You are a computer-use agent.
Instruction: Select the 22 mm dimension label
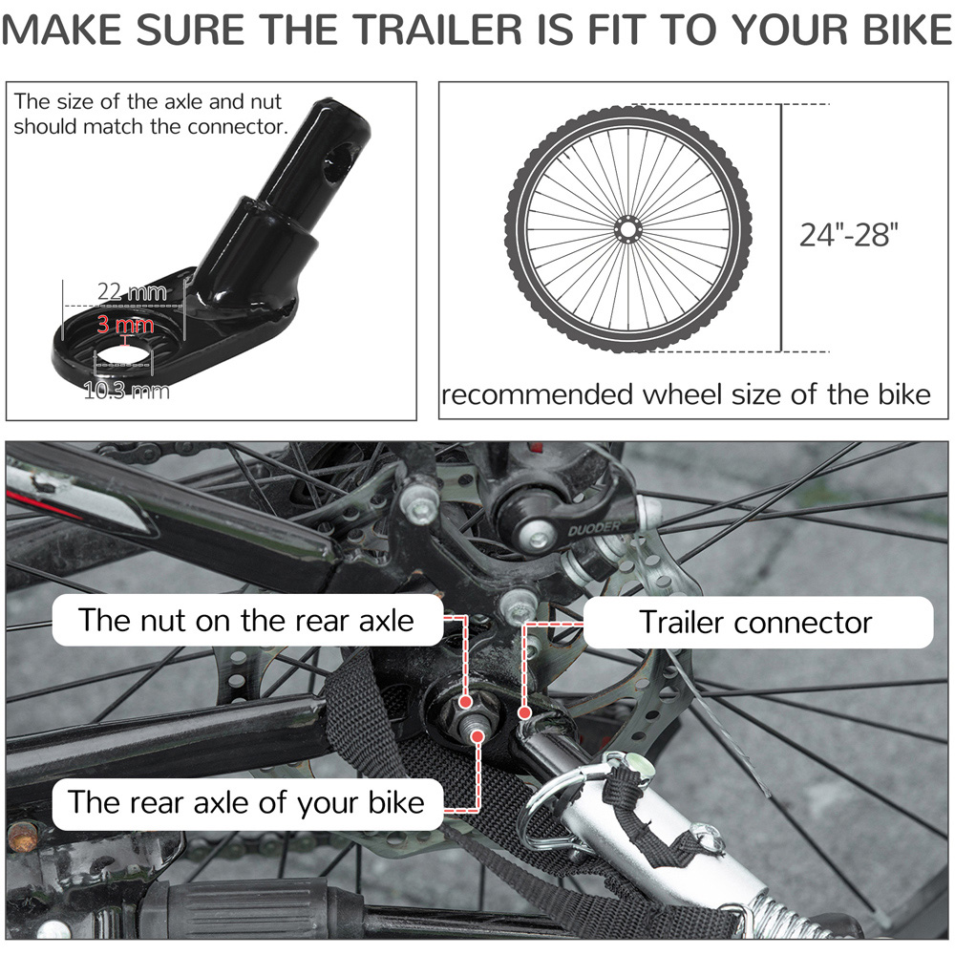(132, 291)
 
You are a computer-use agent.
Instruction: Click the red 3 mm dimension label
(125, 324)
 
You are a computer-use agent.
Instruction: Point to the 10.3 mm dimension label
(127, 391)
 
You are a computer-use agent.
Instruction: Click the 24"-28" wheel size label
(848, 235)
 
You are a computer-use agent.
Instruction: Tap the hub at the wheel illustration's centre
(627, 230)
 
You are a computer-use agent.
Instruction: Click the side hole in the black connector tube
(337, 163)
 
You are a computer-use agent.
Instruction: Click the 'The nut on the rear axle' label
(246, 621)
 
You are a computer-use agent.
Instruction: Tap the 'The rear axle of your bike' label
(246, 802)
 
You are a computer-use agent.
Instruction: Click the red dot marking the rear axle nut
(466, 702)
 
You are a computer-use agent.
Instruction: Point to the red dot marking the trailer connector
(524, 712)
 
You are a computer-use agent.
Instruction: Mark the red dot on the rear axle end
(478, 737)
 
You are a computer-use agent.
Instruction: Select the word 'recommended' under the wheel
(537, 395)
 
